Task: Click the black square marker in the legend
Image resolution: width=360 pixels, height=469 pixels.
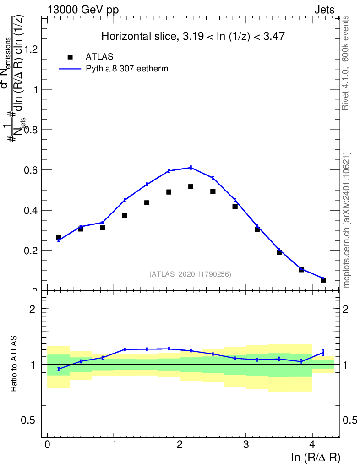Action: (x=70, y=57)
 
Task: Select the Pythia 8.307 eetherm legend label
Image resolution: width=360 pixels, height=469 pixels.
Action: (x=127, y=69)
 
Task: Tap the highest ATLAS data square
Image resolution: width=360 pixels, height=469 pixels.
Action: (x=191, y=186)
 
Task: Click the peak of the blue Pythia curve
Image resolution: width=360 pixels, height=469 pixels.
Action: (x=191, y=168)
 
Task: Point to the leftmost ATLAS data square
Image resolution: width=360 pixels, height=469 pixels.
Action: (x=59, y=237)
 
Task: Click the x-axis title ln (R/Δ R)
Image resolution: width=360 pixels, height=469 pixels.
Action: (x=316, y=458)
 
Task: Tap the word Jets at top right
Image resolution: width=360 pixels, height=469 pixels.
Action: (x=324, y=10)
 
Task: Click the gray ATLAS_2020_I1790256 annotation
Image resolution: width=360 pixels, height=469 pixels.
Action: (x=190, y=274)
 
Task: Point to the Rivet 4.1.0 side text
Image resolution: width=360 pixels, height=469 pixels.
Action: (x=346, y=63)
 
